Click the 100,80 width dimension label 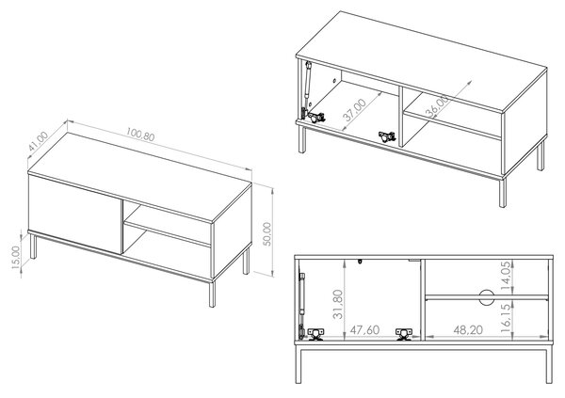[x=140, y=134]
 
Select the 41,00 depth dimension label [x=38, y=141]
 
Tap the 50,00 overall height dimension [x=267, y=233]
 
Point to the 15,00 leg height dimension [x=15, y=257]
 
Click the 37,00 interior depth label [x=354, y=109]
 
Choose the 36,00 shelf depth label [x=438, y=106]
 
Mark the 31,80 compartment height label [x=338, y=304]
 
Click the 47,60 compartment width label [x=365, y=330]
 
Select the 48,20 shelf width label [x=468, y=330]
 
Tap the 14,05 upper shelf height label [x=506, y=276]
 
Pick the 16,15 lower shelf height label [x=506, y=318]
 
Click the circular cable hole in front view [x=486, y=296]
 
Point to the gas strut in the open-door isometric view [x=307, y=90]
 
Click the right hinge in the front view [x=404, y=334]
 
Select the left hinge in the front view [x=315, y=334]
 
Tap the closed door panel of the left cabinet [x=75, y=215]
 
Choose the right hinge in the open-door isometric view [x=387, y=136]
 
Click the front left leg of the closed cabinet [x=33, y=247]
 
